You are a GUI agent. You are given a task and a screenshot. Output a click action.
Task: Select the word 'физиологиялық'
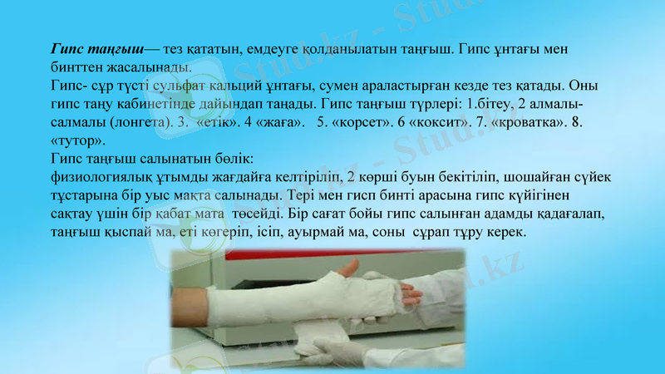coord(104,177)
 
